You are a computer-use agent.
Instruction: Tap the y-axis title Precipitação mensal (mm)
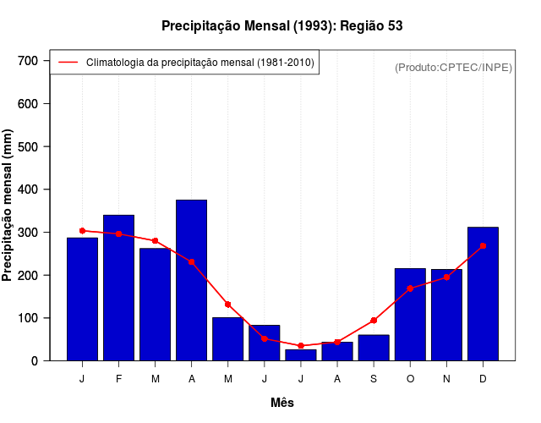point(8,206)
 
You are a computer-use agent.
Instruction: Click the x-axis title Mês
point(282,403)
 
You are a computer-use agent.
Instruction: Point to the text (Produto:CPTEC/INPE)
point(453,68)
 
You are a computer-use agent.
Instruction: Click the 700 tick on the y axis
point(28,61)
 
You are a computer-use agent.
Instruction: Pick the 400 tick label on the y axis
point(28,190)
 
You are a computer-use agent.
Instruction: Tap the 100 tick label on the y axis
point(28,318)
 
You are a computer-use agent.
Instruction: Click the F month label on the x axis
point(118,379)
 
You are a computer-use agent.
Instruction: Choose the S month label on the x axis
point(374,379)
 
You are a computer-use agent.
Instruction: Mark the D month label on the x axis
point(483,379)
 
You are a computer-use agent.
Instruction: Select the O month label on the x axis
point(410,379)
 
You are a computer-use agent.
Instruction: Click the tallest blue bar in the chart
point(191,280)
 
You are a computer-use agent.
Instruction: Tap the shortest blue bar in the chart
point(301,355)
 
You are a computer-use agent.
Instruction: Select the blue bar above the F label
point(118,288)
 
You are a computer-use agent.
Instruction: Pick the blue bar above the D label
point(483,294)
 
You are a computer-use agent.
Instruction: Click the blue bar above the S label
point(374,348)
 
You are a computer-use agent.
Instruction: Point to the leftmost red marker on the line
point(82,230)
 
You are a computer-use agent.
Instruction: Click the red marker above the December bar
point(483,245)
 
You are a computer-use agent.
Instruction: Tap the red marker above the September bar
point(374,321)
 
